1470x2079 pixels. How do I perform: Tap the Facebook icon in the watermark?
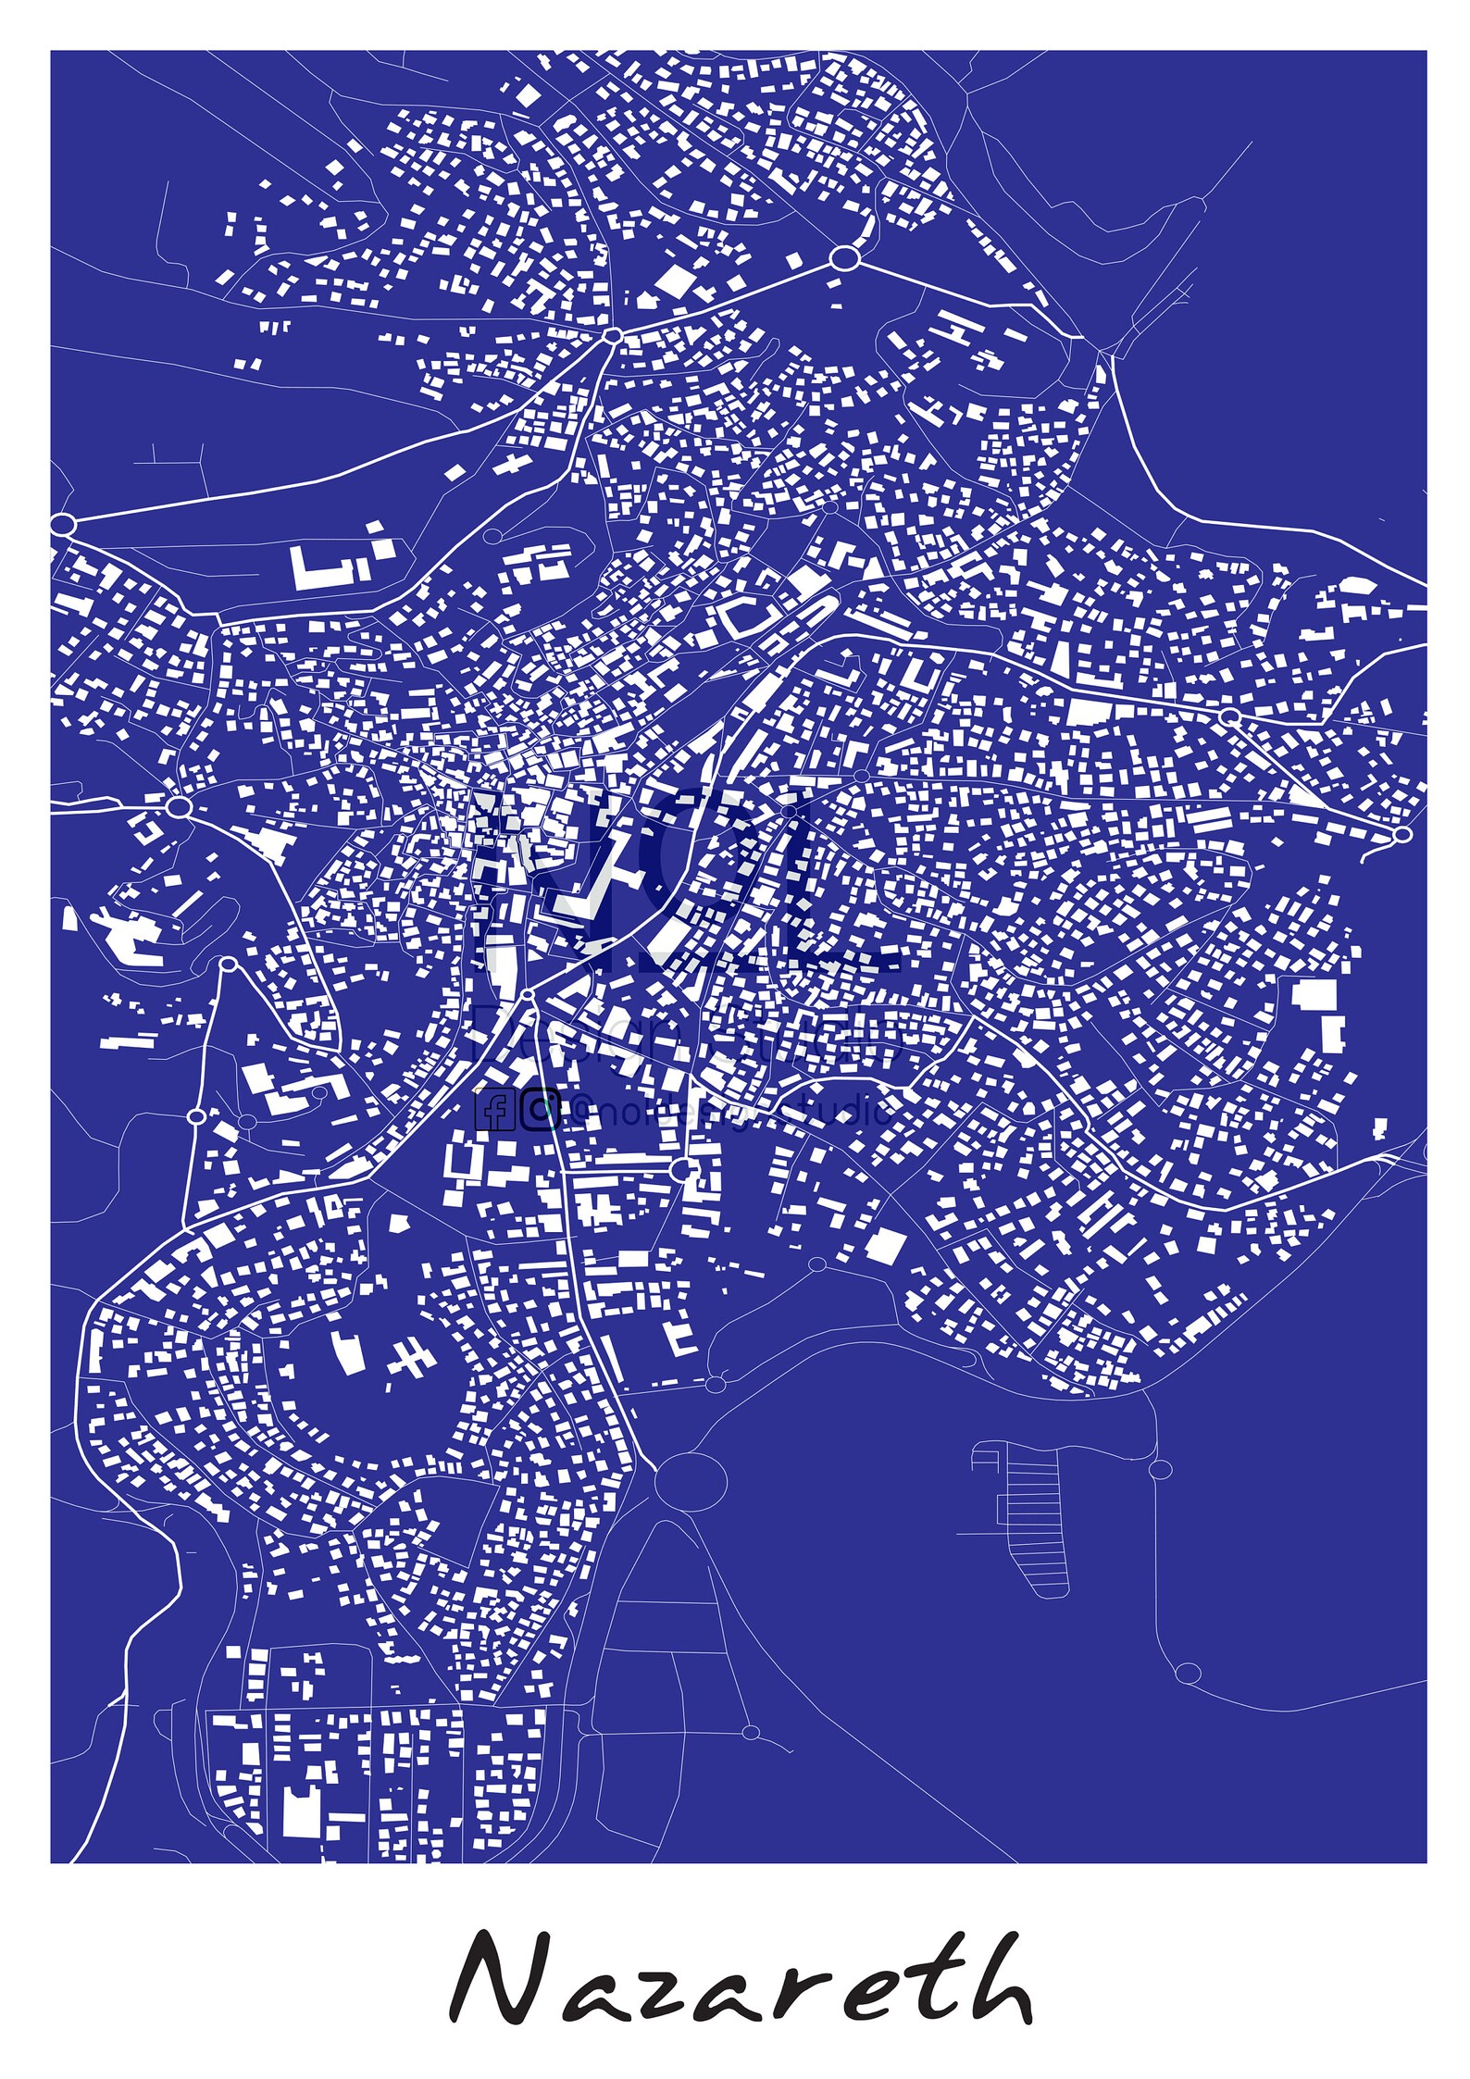(x=495, y=1111)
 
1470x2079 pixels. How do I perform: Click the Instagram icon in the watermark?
(x=539, y=1111)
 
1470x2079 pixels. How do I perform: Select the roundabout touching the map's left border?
(x=63, y=525)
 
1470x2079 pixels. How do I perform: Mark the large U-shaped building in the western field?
(x=324, y=566)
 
